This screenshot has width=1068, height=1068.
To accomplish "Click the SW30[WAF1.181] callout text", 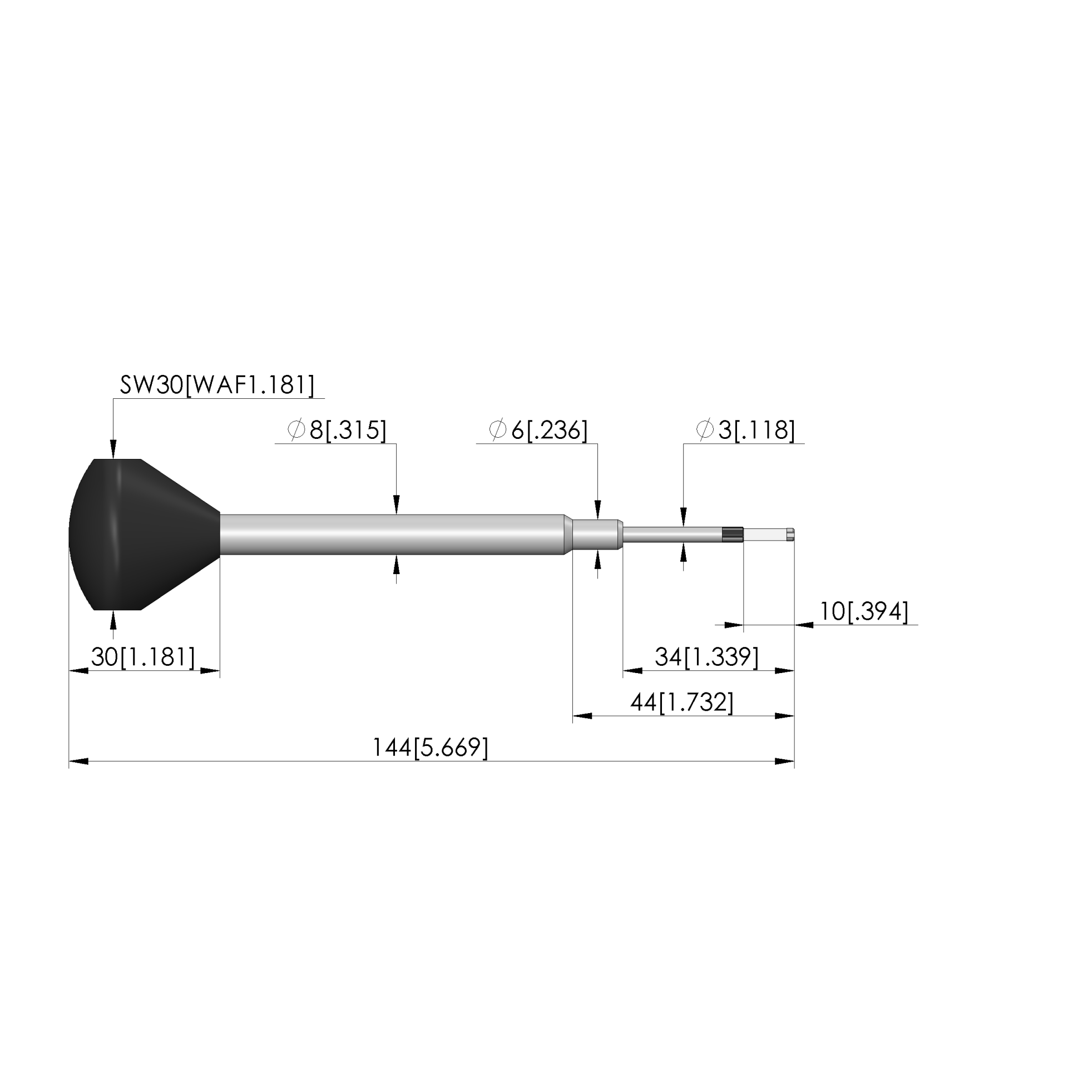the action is (x=217, y=384).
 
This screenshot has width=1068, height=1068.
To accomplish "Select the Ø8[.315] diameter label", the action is (x=337, y=430).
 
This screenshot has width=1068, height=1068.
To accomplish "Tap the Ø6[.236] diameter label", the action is (x=538, y=430).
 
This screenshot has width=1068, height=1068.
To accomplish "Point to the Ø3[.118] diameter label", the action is (x=745, y=430).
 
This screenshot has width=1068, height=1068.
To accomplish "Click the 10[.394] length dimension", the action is (x=864, y=612).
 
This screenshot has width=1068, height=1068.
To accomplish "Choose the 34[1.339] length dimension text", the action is (x=706, y=657).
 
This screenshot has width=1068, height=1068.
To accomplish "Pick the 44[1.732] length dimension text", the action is (x=682, y=703).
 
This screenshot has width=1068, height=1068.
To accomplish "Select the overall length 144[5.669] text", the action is (x=430, y=748).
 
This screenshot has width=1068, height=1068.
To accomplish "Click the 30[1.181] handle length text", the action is (x=143, y=657).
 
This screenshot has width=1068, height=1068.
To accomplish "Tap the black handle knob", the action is (x=144, y=535).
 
